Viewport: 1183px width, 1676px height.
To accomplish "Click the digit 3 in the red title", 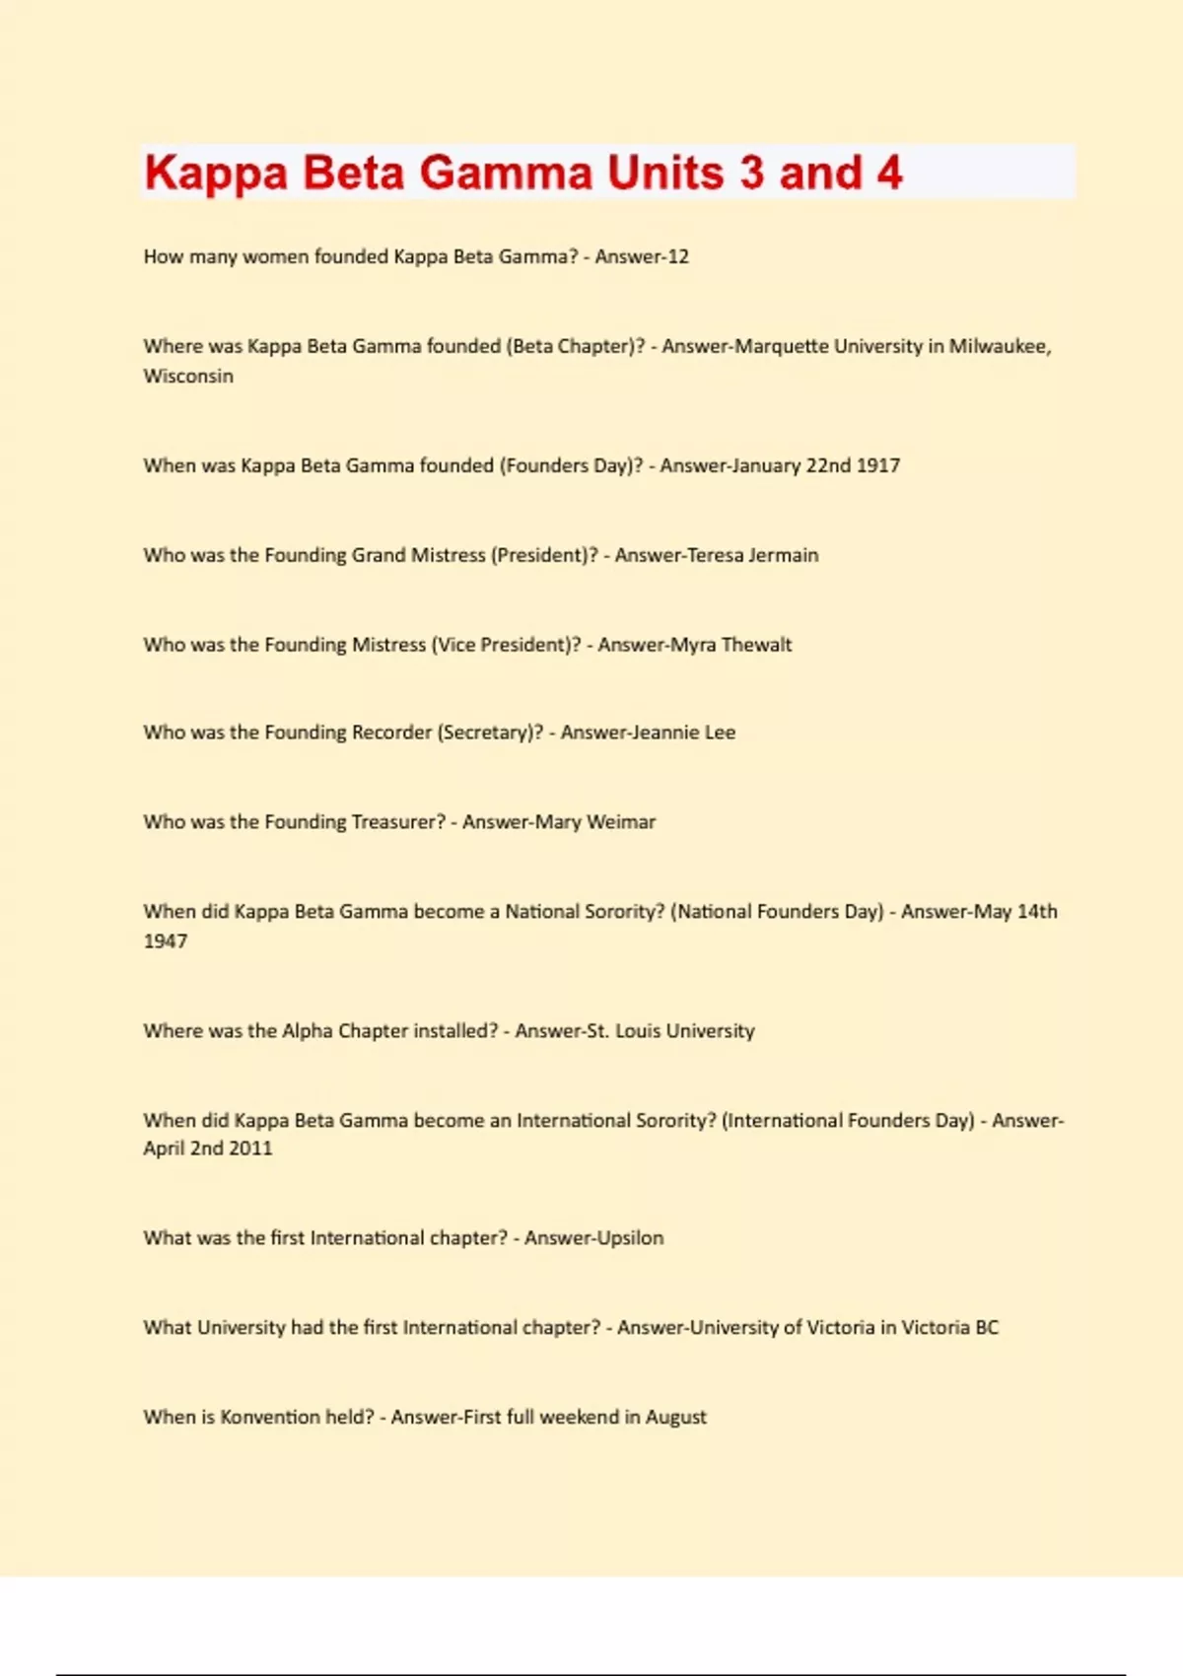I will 751,173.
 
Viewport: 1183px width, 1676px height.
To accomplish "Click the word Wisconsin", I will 188,376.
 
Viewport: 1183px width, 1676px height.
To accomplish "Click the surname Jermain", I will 784,555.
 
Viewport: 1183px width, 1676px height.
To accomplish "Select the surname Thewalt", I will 756,645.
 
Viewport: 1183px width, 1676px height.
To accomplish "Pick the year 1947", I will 166,942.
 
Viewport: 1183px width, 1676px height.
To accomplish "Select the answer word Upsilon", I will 628,1238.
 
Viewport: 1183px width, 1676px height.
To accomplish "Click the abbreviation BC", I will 987,1328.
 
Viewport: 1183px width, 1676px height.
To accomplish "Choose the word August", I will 676,1418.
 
